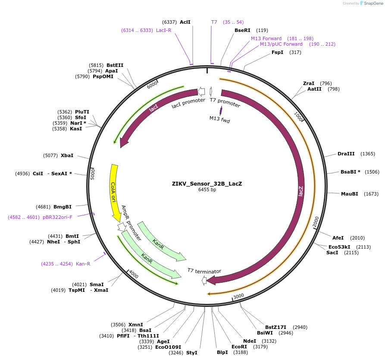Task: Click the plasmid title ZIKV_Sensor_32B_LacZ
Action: click(207, 183)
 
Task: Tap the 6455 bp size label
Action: click(207, 189)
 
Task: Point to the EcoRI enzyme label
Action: click(239, 347)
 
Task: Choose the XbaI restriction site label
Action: click(67, 155)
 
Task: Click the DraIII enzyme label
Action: click(346, 154)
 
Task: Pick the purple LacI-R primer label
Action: click(163, 30)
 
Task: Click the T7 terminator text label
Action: click(204, 271)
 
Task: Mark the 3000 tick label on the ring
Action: click(238, 296)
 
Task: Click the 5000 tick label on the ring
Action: click(92, 174)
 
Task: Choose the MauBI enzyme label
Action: click(349, 194)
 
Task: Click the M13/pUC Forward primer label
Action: click(281, 44)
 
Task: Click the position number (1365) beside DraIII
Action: click(368, 154)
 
